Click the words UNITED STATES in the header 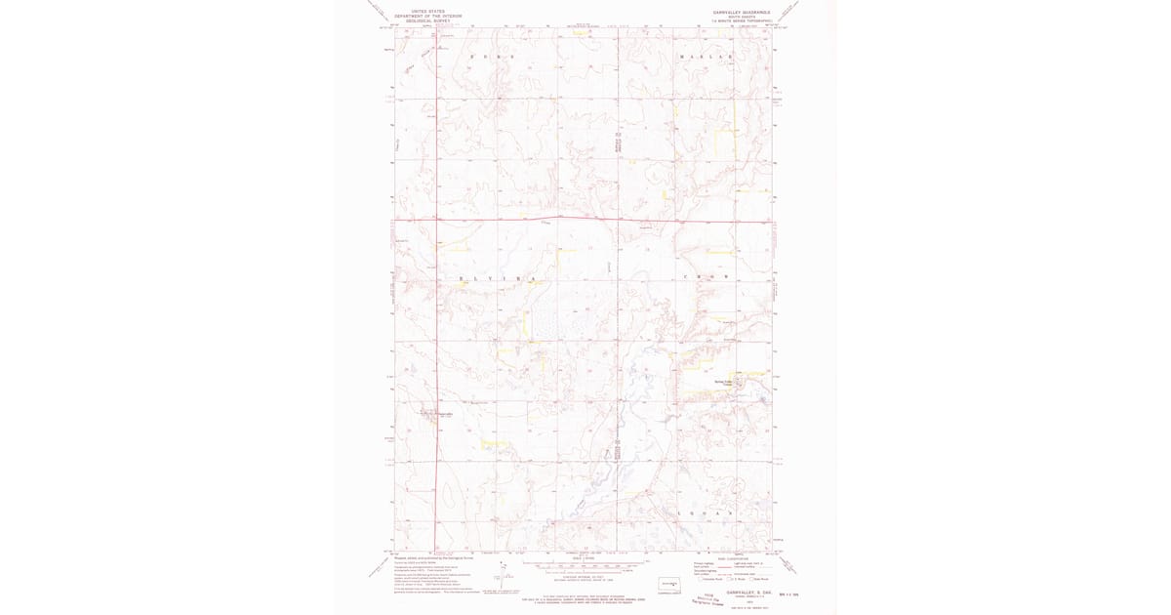pyautogui.click(x=427, y=11)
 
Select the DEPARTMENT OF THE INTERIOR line pyautogui.click(x=427, y=16)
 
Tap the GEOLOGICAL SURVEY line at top pyautogui.click(x=427, y=20)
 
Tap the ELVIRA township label pyautogui.click(x=497, y=279)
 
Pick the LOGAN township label pyautogui.click(x=705, y=512)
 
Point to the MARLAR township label pyautogui.click(x=705, y=58)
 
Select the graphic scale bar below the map pyautogui.click(x=584, y=565)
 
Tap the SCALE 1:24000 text pyautogui.click(x=584, y=557)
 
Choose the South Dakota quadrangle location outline pyautogui.click(x=669, y=585)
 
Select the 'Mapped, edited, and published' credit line pyautogui.click(x=437, y=557)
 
